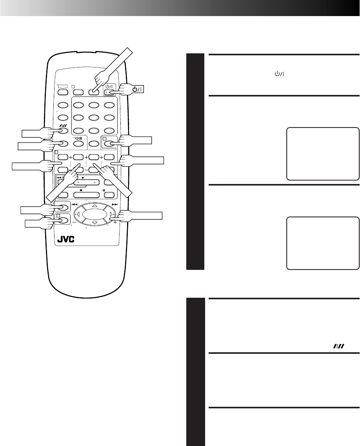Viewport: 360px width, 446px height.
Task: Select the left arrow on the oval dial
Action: (78, 215)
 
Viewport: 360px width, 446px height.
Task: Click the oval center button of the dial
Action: (95, 215)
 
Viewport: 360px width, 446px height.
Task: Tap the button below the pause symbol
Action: (111, 195)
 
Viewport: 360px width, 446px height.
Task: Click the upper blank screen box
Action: (323, 153)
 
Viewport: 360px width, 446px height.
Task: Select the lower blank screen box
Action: (323, 243)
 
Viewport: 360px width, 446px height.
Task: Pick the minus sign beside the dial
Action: (73, 222)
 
